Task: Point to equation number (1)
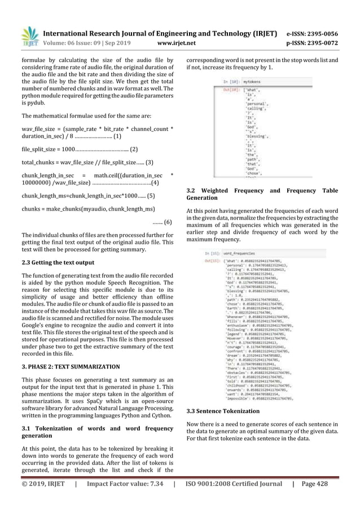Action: (117, 136)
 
